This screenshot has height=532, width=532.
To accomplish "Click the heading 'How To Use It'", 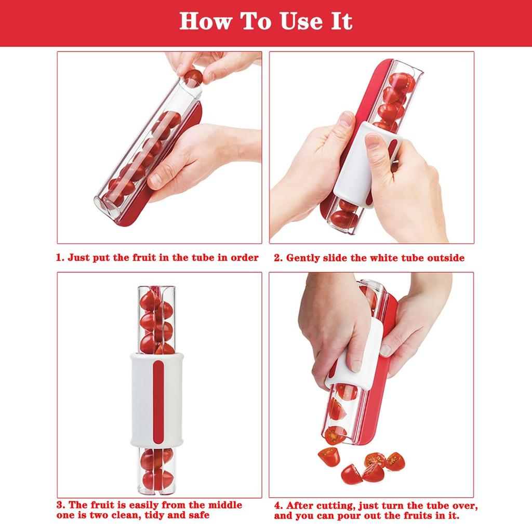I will (266, 22).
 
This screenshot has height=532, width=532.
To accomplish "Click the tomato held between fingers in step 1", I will (193, 78).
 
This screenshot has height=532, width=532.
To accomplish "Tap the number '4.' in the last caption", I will (278, 506).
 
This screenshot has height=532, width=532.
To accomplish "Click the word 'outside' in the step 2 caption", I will (445, 258).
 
